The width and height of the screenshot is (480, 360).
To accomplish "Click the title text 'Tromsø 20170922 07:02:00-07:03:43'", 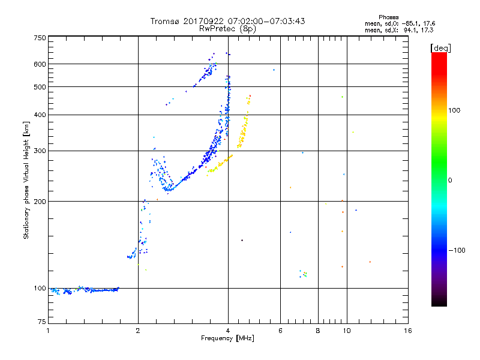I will click(x=228, y=21).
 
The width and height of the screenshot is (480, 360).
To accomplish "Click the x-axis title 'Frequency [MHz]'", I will click(x=228, y=339).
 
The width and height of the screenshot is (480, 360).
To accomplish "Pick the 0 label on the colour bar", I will click(x=450, y=180).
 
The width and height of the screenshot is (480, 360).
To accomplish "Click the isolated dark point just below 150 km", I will click(x=242, y=240).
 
